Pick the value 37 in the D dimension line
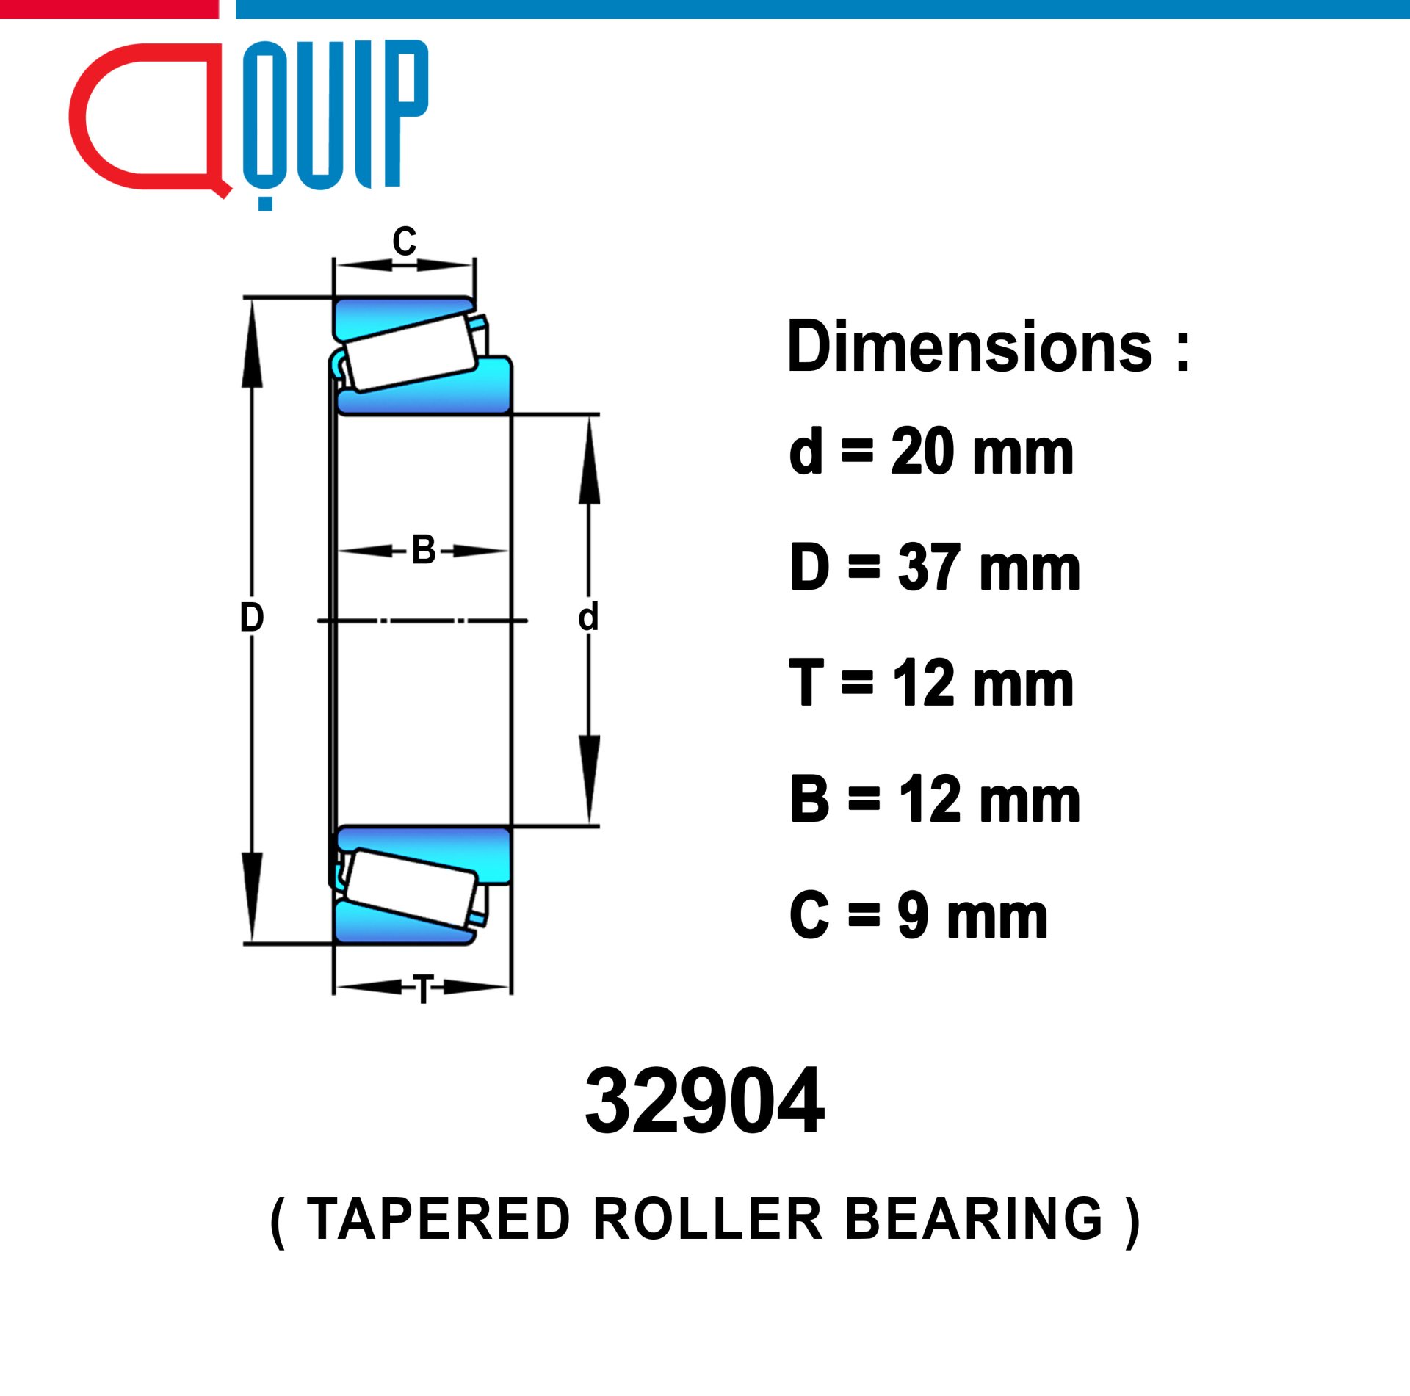(928, 567)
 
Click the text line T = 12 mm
(931, 683)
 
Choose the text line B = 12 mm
(935, 799)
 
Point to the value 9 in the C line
(913, 915)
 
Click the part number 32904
(704, 1101)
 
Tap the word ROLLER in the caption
(708, 1220)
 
